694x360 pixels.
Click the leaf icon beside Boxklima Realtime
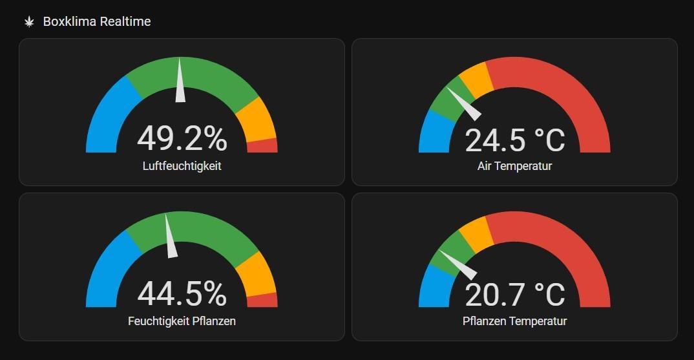point(29,22)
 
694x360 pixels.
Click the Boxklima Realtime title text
point(97,22)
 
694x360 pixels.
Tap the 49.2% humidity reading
point(182,138)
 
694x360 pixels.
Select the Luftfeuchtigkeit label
point(182,166)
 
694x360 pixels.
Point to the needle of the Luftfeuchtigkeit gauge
point(180,84)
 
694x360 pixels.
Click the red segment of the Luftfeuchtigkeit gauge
point(262,145)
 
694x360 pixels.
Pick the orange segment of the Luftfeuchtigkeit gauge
point(257,120)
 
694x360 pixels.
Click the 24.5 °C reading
point(514,140)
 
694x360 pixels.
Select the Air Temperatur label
point(514,166)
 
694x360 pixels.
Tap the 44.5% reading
point(182,293)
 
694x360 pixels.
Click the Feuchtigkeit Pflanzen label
point(182,321)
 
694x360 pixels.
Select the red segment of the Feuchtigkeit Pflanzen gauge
point(262,300)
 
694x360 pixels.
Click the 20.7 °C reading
point(514,295)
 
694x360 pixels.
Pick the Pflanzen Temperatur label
point(514,321)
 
